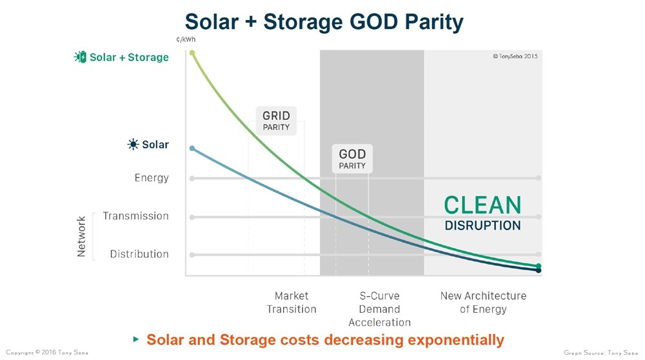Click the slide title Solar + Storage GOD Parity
click(324, 23)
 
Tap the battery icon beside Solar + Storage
click(80, 57)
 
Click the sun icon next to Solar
click(133, 145)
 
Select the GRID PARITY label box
click(276, 121)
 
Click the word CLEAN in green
click(482, 205)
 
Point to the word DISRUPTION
click(482, 226)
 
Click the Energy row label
click(152, 178)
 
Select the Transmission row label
click(135, 216)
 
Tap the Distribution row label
click(139, 254)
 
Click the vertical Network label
click(81, 236)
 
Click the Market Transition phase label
click(292, 302)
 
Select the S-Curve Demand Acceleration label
click(379, 308)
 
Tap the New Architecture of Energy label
click(483, 302)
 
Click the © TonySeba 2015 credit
click(515, 56)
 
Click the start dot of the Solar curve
click(192, 148)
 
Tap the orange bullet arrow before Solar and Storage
click(135, 339)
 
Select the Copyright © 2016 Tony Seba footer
click(46, 353)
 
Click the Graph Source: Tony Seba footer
click(602, 353)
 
